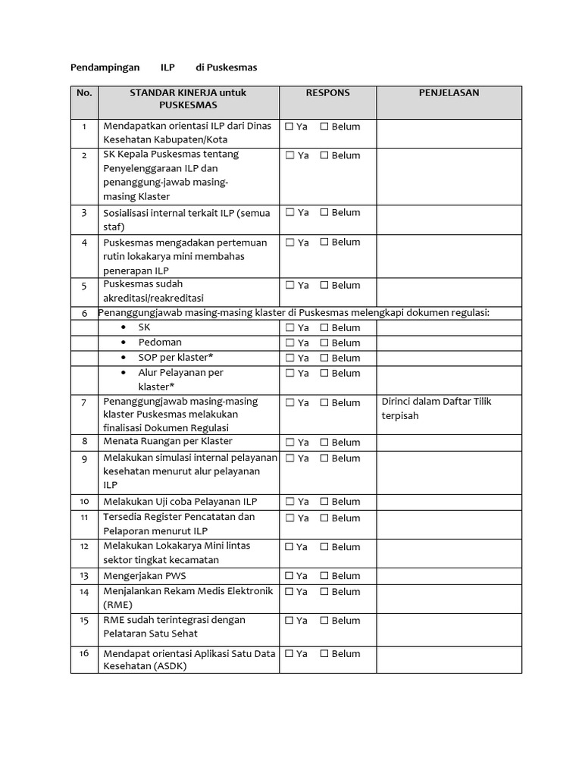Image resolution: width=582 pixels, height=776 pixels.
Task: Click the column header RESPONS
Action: (327, 93)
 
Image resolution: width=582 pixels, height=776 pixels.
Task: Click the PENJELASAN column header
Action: (449, 93)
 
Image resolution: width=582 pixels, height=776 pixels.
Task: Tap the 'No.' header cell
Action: (84, 93)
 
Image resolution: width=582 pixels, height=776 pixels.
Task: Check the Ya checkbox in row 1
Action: (289, 127)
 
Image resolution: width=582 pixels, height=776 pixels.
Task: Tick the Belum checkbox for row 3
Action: (324, 213)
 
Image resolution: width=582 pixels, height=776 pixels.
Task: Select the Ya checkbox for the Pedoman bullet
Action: (289, 343)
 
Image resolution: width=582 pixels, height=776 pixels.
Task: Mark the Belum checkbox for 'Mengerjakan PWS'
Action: (324, 576)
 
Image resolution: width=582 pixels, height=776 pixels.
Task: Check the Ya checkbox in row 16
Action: (289, 653)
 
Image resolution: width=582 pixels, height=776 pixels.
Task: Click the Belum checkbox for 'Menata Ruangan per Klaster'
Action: (324, 443)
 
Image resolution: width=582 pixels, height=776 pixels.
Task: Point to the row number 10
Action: (84, 502)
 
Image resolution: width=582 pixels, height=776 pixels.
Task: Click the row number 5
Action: (84, 286)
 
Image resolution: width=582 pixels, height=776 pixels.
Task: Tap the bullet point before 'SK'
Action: (124, 327)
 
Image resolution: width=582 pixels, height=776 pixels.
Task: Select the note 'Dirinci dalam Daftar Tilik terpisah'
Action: (436, 408)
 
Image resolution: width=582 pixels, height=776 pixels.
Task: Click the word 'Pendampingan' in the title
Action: (105, 67)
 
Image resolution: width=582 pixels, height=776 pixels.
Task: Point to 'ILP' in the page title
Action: (167, 67)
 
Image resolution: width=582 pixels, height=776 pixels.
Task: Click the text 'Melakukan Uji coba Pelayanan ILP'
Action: (180, 502)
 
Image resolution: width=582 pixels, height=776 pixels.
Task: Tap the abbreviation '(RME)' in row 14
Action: (118, 605)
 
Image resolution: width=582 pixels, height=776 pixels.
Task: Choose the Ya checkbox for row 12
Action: (289, 547)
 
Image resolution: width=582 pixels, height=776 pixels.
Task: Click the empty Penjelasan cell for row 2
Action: (449, 176)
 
